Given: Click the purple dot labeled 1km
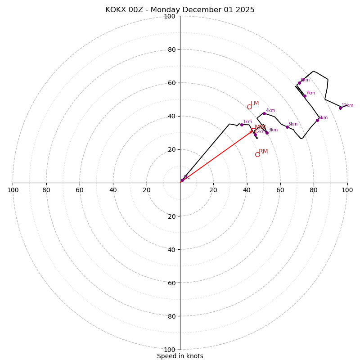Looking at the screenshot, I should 242,125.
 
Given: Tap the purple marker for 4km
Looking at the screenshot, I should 264,113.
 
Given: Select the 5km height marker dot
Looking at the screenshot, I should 287,127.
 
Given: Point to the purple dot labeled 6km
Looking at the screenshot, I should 317,120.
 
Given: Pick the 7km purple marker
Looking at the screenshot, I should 305,96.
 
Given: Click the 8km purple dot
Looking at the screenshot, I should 299,83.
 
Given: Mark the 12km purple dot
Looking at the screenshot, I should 340,108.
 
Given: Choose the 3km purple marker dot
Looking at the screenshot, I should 267,133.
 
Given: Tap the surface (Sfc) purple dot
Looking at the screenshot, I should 182,180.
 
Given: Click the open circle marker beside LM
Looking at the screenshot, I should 249,107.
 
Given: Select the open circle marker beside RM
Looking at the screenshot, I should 257,154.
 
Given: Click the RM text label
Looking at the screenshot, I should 263,152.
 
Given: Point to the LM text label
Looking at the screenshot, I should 255,103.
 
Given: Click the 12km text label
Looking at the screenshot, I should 347,106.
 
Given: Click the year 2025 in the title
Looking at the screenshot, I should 245,10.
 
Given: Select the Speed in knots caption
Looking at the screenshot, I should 180,356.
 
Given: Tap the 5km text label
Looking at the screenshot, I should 293,124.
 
